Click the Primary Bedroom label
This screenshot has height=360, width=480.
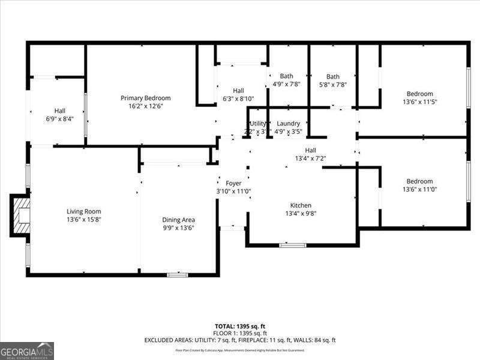point(145,98)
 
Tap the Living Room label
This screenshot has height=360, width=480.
point(83,211)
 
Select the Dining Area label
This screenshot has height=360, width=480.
point(178,220)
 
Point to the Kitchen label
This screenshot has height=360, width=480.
point(301,205)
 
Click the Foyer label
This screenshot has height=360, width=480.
point(233,183)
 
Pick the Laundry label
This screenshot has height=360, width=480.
point(288,124)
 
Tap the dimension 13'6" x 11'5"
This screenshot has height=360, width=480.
point(419,102)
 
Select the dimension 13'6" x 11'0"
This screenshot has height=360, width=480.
point(419,190)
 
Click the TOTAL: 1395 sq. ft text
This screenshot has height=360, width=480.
point(240,326)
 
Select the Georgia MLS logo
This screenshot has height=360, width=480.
point(27,350)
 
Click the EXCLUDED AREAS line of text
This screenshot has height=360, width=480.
point(240,340)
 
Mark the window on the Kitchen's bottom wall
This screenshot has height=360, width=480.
point(292,245)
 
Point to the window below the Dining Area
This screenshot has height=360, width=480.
point(177,275)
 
